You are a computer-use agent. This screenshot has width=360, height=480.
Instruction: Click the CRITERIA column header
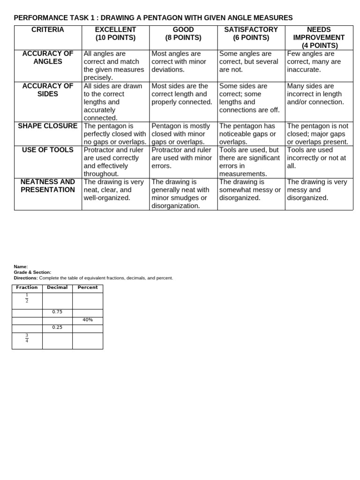click(48, 30)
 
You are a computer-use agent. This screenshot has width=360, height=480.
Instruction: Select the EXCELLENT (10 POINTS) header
click(115, 33)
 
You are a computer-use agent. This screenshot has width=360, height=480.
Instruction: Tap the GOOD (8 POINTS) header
click(183, 33)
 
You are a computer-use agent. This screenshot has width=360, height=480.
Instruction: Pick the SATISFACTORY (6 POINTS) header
click(251, 33)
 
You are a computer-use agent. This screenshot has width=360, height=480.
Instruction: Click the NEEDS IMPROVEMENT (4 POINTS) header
click(319, 37)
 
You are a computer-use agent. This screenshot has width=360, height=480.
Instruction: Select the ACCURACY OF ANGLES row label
click(48, 57)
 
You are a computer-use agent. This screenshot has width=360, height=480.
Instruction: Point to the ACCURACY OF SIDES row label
click(48, 90)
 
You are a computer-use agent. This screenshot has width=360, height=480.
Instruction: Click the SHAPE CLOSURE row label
click(48, 126)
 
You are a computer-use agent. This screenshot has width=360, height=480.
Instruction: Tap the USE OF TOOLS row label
click(48, 150)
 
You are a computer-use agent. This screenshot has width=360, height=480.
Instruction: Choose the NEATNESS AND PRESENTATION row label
click(48, 186)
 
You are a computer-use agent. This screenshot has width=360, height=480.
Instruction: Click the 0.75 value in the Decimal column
click(57, 312)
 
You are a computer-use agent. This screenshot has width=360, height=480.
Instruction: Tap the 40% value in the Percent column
click(88, 320)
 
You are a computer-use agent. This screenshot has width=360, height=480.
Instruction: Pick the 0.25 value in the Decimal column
click(57, 328)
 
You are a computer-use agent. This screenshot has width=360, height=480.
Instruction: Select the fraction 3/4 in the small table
click(27, 338)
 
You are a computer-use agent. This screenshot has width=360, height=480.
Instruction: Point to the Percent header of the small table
click(88, 287)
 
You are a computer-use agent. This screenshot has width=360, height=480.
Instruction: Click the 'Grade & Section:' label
click(32, 272)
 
